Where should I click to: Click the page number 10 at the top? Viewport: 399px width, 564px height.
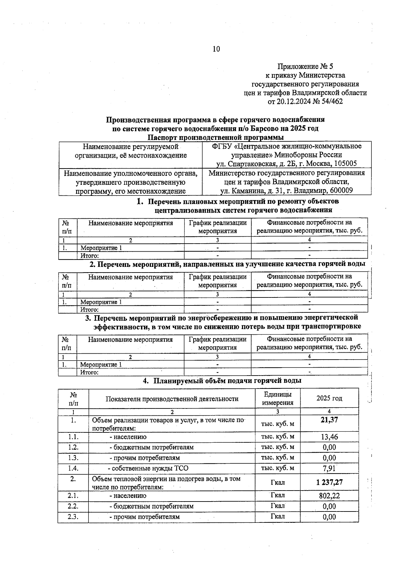coord(216,49)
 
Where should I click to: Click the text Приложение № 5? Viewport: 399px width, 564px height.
coord(305,66)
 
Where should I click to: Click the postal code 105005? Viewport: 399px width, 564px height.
coord(345,164)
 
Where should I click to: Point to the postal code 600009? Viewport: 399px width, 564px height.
coord(341,190)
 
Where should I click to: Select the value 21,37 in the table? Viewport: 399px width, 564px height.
coord(329,420)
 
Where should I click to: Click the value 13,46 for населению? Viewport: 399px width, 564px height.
coord(329,437)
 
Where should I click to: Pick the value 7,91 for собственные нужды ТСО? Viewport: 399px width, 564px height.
coord(329,469)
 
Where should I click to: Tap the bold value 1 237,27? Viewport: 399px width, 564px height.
coord(329,482)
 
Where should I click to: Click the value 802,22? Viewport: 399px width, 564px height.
coord(329,496)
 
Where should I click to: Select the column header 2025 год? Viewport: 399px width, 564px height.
coord(329,398)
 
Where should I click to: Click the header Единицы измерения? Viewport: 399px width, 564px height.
coord(278,398)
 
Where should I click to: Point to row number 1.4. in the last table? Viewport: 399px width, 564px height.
coord(73,468)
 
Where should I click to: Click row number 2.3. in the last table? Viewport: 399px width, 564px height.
coord(73,517)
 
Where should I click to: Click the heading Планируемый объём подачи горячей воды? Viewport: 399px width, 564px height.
coord(227,381)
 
